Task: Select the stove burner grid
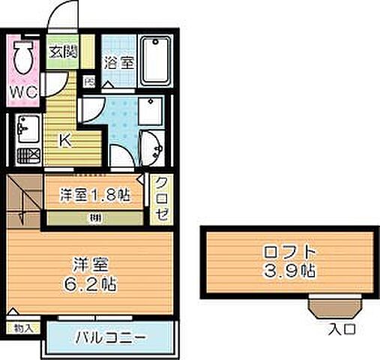point(31,156)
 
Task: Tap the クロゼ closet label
point(161,199)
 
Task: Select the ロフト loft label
point(288,252)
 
